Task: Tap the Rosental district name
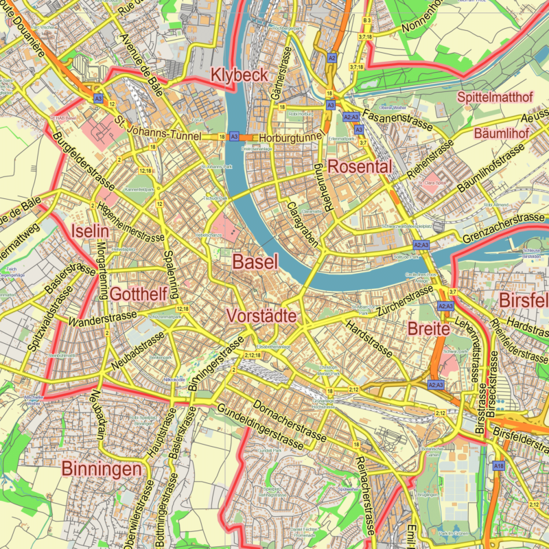[360, 167]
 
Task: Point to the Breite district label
[428, 329]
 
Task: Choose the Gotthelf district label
[139, 294]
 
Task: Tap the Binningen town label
[105, 469]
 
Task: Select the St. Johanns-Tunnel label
[159, 130]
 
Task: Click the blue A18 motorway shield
[499, 466]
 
